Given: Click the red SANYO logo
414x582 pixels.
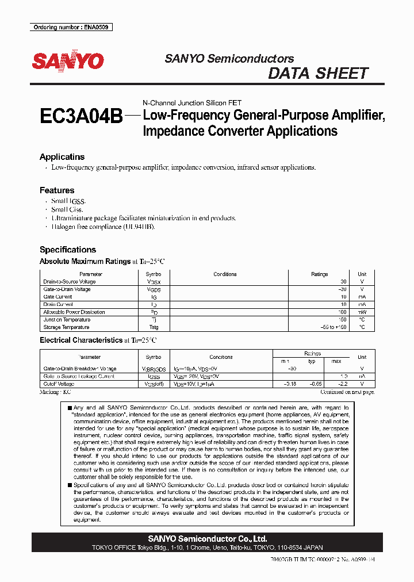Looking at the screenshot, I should point(68,61).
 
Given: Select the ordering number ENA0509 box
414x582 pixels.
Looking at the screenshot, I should point(71,27).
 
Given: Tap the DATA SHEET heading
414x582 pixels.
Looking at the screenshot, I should point(318,74).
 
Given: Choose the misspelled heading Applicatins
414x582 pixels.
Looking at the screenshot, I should point(62,157).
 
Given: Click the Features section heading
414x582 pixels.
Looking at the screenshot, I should point(57,190).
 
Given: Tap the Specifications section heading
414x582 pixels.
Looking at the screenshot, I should point(68,250).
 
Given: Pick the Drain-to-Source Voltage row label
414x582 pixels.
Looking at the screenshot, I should point(70,282).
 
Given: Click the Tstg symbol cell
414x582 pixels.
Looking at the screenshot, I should point(154,327).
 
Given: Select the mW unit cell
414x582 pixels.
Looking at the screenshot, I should point(362,312).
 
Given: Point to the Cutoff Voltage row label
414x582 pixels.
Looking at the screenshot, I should point(59,384).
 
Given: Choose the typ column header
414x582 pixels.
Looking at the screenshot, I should point(312,361).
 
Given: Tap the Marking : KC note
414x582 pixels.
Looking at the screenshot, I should point(55,392).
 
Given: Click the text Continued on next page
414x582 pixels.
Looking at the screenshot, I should point(347,392).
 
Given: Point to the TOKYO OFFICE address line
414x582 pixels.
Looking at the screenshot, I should point(207,548).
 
